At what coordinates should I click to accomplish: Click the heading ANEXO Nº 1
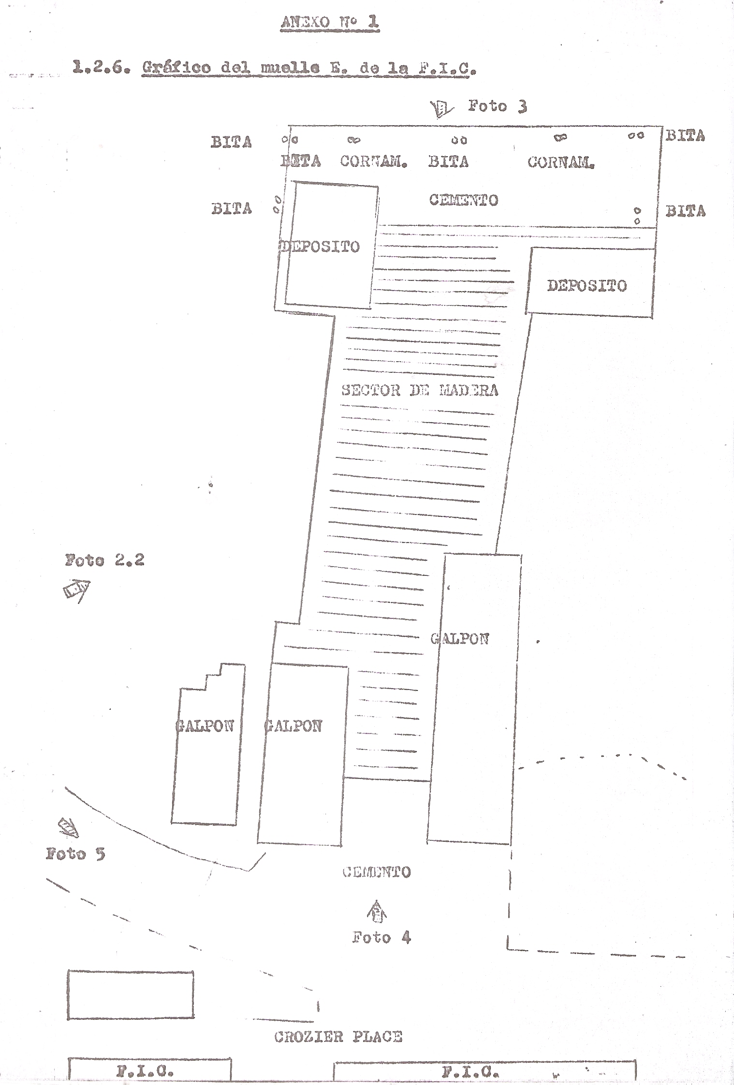click(x=330, y=22)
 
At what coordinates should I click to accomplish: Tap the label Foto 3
click(x=497, y=106)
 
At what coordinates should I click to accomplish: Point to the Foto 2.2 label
click(x=104, y=560)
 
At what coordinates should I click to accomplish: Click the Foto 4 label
click(x=381, y=938)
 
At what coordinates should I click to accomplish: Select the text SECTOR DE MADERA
click(x=419, y=390)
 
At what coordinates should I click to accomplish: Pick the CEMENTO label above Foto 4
click(x=377, y=872)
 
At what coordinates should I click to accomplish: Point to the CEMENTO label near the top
click(x=463, y=200)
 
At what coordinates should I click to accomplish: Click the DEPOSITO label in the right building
click(x=587, y=286)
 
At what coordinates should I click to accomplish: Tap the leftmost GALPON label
click(x=205, y=726)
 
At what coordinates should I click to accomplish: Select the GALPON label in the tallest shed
click(x=460, y=639)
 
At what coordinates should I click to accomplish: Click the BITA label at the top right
click(x=685, y=136)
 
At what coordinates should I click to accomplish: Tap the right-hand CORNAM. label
click(x=561, y=162)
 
